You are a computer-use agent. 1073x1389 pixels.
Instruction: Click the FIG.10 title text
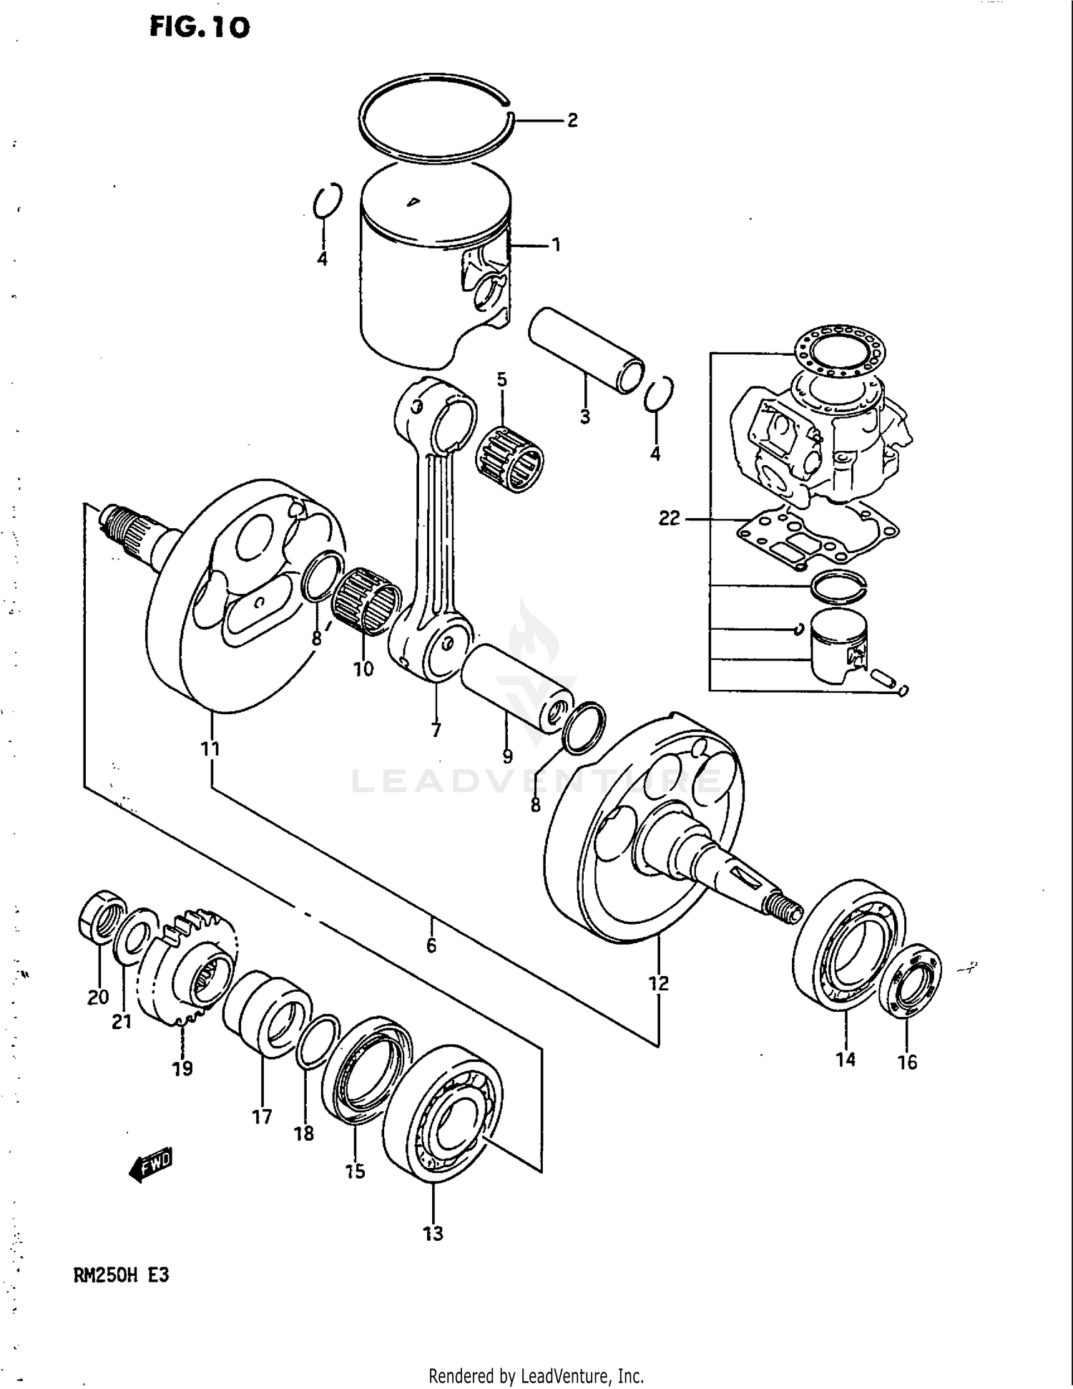point(200,27)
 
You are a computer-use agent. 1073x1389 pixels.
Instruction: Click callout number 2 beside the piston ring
point(572,121)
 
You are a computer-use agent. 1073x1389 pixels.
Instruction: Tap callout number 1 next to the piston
point(556,245)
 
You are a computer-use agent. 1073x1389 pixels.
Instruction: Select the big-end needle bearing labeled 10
point(366,601)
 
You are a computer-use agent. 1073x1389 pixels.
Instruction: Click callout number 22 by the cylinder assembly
point(669,518)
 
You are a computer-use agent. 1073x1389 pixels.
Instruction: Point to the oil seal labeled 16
point(909,980)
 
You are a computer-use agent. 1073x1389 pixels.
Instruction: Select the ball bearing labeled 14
point(848,945)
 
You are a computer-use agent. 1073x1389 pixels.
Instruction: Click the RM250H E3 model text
point(121,1275)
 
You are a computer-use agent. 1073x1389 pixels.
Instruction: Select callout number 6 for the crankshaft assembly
point(431,946)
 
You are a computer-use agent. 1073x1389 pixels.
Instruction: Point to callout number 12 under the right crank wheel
point(658,983)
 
